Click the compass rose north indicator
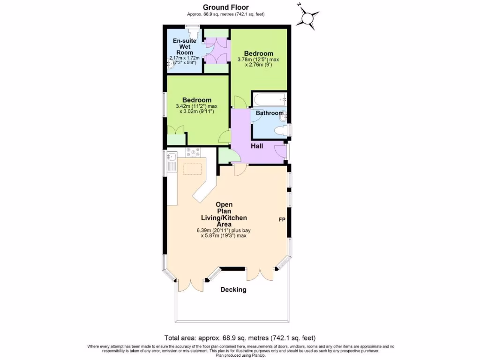(x=307, y=18)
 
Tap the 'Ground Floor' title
(x=225, y=7)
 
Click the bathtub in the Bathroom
(x=269, y=99)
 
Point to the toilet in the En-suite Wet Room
(x=192, y=34)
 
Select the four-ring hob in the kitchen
(x=193, y=152)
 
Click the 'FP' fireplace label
(x=282, y=219)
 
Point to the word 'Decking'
(x=233, y=290)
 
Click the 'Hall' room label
(x=256, y=146)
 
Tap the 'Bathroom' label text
(x=270, y=113)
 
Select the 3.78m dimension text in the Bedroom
(x=258, y=60)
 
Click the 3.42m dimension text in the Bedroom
(x=196, y=106)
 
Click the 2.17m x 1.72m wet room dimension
(x=185, y=58)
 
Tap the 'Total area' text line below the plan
(x=240, y=338)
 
